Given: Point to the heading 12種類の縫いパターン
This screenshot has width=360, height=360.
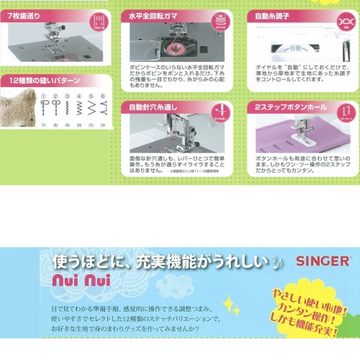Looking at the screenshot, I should point(42,81).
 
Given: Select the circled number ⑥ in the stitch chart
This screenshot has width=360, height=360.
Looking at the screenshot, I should point(104,96).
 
